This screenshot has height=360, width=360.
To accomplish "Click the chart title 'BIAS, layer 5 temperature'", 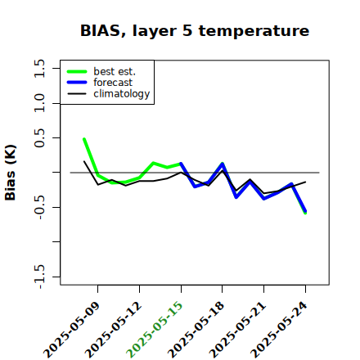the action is click(x=195, y=31).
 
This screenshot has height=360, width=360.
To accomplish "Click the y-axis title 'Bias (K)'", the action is click(x=11, y=173).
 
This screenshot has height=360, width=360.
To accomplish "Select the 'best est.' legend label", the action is click(x=115, y=71).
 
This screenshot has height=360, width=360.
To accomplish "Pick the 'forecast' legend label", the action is click(x=113, y=83).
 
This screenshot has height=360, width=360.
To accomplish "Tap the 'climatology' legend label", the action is click(x=122, y=94).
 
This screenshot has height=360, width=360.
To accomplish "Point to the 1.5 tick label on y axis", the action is click(x=39, y=68).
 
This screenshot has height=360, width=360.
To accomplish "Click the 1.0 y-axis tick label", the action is click(x=39, y=103).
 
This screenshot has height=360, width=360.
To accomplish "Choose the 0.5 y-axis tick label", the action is click(x=39, y=138).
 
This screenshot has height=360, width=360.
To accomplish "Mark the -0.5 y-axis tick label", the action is click(x=39, y=207).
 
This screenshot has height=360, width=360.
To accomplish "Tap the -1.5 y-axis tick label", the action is click(x=39, y=277).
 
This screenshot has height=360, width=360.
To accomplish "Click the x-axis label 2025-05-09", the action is click(x=72, y=330).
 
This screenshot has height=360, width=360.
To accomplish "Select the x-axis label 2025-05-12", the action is click(x=114, y=330).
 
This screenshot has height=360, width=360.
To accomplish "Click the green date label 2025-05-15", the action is click(x=155, y=330).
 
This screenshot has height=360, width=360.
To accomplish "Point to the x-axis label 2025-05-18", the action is click(x=196, y=330).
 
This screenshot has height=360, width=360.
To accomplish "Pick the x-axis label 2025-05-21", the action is click(x=238, y=330).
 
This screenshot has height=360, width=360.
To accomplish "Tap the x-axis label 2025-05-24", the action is click(x=279, y=330).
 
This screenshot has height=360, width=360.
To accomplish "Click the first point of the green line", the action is click(x=84, y=139).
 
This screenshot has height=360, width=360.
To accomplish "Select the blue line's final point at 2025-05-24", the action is click(x=305, y=211).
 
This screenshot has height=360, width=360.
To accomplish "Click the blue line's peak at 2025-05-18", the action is click(x=223, y=164).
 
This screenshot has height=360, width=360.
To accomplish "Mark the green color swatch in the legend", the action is click(x=77, y=71).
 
